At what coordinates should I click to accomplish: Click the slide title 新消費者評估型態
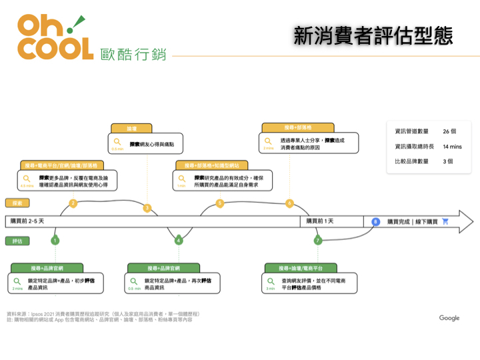pos(373,36)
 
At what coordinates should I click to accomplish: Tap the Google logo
pos(449,318)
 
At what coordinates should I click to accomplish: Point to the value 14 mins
pos(452,146)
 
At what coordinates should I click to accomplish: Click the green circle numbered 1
pos(55,240)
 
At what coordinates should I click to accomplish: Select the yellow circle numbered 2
pos(73,203)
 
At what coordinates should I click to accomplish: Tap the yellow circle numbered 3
pos(147,208)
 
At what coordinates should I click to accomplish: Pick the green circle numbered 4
pos(179,240)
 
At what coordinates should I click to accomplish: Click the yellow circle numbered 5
pos(220,203)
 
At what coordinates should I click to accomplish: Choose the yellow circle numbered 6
pos(289,203)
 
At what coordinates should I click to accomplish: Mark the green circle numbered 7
pos(318,240)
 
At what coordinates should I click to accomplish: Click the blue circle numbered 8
pos(375,221)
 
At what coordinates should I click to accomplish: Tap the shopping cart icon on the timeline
pos(445,221)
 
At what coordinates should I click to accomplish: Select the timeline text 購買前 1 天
pos(320,221)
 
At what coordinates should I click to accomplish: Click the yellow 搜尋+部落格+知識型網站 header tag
pos(212,165)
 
